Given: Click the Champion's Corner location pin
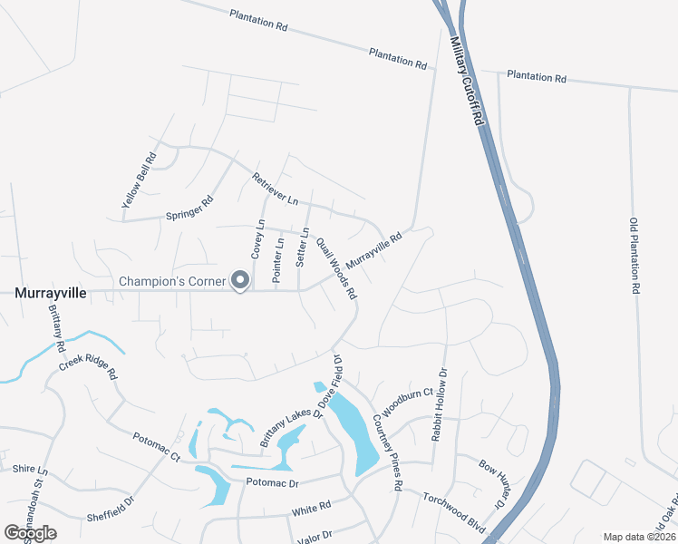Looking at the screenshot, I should (x=240, y=281).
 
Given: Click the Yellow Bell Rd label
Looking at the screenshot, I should (x=139, y=180).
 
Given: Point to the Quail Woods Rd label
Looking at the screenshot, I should (x=335, y=269).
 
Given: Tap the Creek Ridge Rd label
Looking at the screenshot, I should (x=89, y=365).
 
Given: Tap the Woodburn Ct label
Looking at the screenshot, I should (x=402, y=404).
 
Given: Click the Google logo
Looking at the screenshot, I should (x=30, y=532).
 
